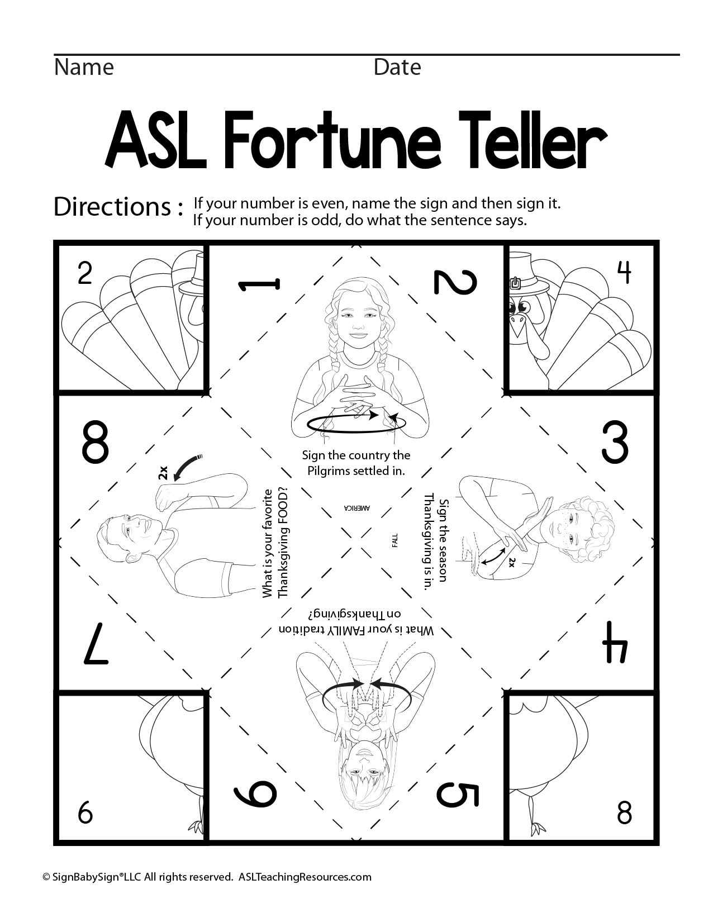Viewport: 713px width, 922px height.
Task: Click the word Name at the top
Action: [84, 68]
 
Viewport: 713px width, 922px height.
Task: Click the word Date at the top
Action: [397, 68]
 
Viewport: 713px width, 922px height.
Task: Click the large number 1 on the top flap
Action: [259, 285]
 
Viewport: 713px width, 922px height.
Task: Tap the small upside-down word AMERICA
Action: [356, 508]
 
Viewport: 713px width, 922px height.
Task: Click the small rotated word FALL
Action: [394, 540]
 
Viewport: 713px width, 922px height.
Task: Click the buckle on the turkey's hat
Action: [515, 283]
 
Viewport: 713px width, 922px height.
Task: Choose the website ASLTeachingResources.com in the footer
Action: [305, 877]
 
